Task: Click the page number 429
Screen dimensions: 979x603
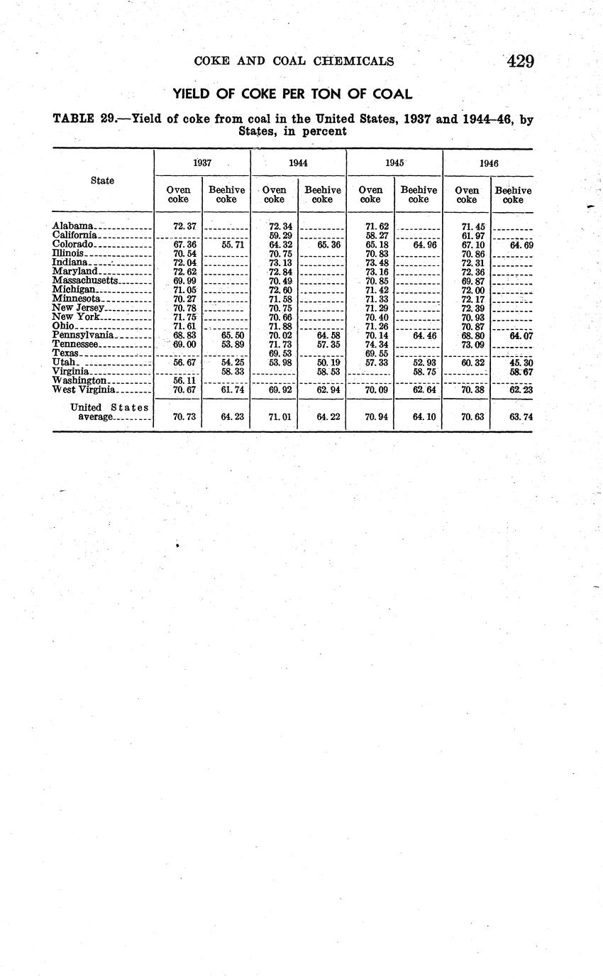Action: coord(521,61)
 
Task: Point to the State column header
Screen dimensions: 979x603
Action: coord(102,180)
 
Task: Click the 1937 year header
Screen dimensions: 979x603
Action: coord(202,162)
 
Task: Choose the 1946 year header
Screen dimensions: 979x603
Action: coord(489,162)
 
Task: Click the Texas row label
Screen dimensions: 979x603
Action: coord(65,353)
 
